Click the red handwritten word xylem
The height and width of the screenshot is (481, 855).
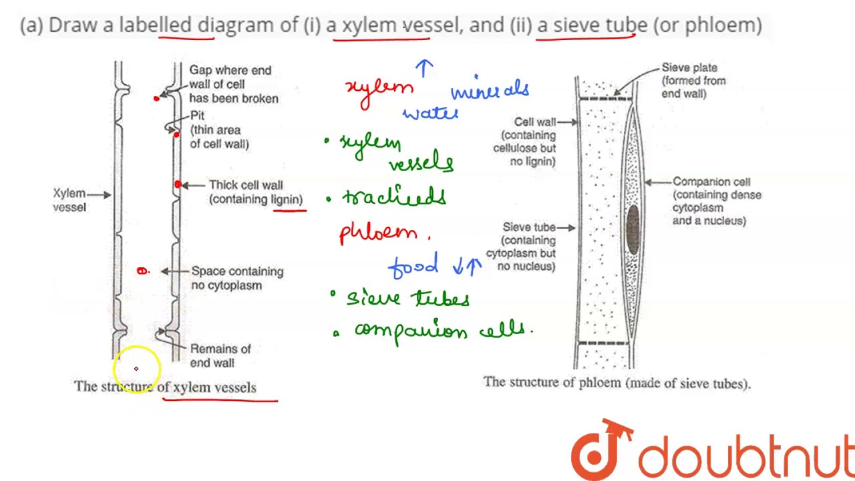pyautogui.click(x=379, y=91)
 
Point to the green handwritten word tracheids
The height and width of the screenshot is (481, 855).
pyautogui.click(x=393, y=196)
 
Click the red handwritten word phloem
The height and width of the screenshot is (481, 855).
pyautogui.click(x=379, y=233)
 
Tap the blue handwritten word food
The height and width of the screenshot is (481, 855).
pyautogui.click(x=413, y=266)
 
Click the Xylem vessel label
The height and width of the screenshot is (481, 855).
pyautogui.click(x=69, y=200)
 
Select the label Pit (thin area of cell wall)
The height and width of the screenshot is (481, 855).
pyautogui.click(x=218, y=130)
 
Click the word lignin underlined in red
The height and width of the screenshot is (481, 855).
pyautogui.click(x=287, y=199)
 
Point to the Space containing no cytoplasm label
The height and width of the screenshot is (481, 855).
pyautogui.click(x=236, y=278)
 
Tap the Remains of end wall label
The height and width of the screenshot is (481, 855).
pyautogui.click(x=220, y=355)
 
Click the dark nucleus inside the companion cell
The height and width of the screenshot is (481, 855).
pyautogui.click(x=632, y=229)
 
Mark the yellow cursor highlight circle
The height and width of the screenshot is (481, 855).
pyautogui.click(x=136, y=368)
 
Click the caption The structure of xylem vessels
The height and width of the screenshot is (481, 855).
pyautogui.click(x=165, y=387)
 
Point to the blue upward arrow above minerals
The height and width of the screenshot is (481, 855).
pyautogui.click(x=424, y=67)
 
